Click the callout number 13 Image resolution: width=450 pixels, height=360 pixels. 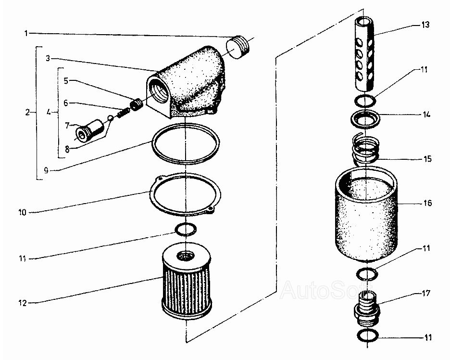(425, 25)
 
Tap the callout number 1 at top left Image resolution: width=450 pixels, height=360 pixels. (26, 33)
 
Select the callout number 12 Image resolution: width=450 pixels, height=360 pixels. (23, 303)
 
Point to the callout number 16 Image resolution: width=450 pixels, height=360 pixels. (427, 203)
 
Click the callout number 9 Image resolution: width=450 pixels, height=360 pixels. (46, 170)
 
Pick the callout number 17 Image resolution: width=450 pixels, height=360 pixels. (426, 294)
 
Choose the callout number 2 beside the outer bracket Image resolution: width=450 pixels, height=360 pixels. (27, 112)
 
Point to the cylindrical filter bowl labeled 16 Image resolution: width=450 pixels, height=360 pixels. (367, 214)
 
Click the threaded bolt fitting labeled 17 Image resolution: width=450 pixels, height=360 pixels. (366, 309)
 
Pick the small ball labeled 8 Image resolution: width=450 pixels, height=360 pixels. (109, 117)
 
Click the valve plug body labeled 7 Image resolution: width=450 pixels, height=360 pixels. (89, 131)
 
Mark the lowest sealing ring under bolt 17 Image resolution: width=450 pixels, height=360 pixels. (368, 336)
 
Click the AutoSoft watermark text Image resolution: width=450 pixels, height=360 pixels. (326, 290)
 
